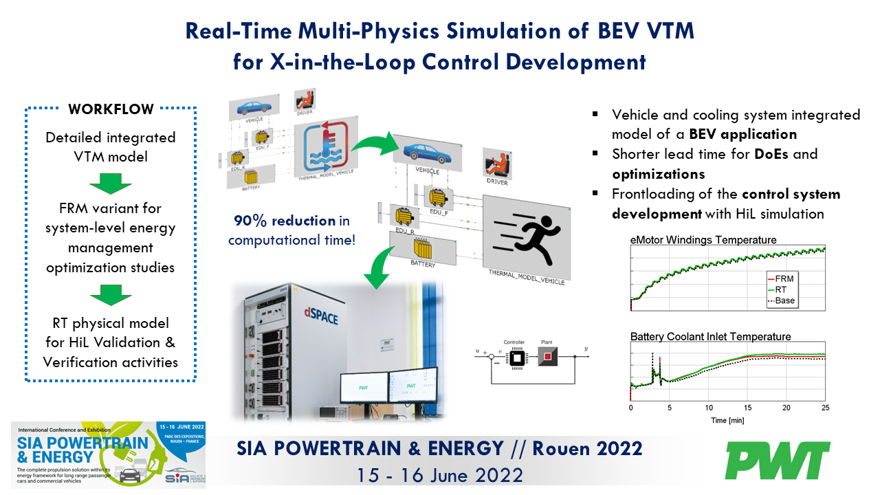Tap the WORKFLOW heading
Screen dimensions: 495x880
point(111,109)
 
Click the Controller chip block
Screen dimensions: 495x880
point(514,357)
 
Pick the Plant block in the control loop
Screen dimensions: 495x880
point(547,357)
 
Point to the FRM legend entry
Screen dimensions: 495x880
point(782,278)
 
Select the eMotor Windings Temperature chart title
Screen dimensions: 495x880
point(703,240)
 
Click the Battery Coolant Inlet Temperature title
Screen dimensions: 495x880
point(710,337)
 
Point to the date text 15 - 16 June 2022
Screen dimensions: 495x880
point(440,474)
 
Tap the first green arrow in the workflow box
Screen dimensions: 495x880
point(111,184)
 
